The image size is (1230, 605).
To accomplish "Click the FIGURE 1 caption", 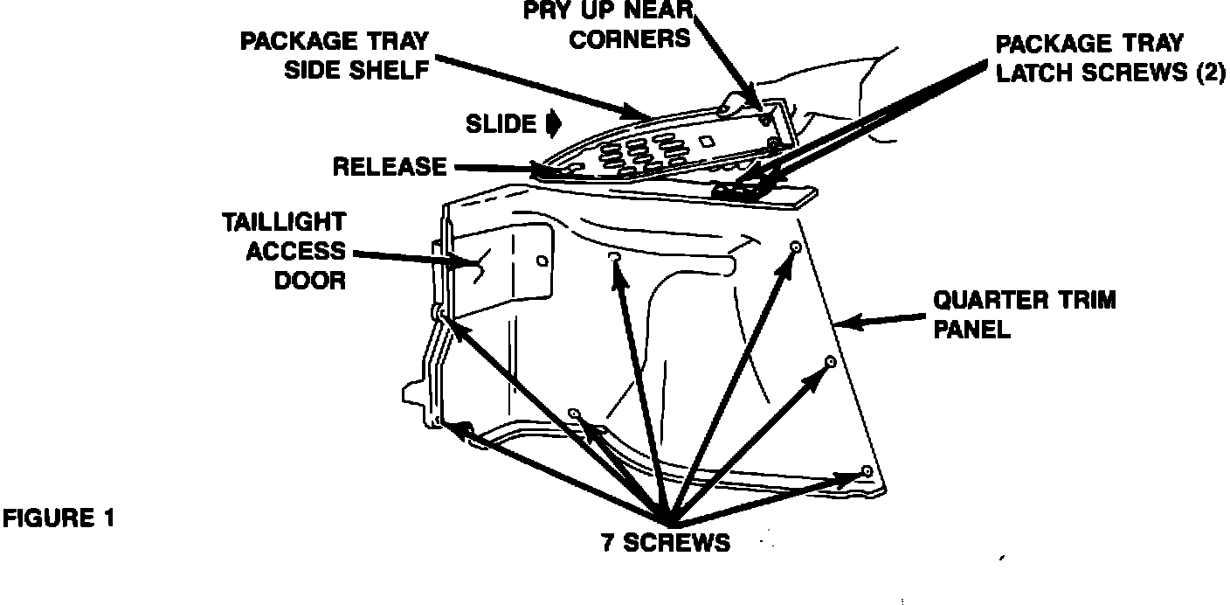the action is pyautogui.click(x=59, y=518).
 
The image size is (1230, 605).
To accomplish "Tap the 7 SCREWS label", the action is pyautogui.click(x=665, y=542).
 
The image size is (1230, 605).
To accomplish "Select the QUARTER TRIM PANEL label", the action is pyautogui.click(x=1025, y=315).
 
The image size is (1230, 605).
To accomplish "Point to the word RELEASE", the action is pyautogui.click(x=390, y=166).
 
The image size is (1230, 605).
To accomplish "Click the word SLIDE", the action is pyautogui.click(x=501, y=124).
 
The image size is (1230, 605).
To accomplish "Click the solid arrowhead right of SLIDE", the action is pyautogui.click(x=552, y=125).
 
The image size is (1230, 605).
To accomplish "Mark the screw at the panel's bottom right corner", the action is pyautogui.click(x=867, y=471).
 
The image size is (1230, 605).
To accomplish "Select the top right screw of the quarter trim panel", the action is pyautogui.click(x=796, y=248).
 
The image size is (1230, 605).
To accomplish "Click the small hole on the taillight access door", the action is pyautogui.click(x=542, y=261).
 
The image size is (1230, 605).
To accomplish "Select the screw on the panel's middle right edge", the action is pyautogui.click(x=831, y=361).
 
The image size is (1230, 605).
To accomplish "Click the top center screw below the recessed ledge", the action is pyautogui.click(x=613, y=255).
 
